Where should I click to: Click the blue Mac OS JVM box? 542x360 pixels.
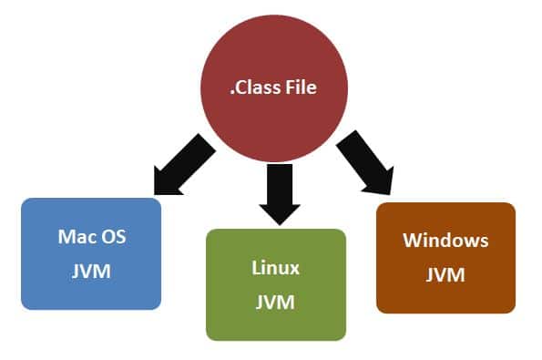pos(91,254)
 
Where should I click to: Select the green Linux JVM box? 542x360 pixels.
pos(276,284)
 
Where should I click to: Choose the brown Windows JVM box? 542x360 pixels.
pos(445,257)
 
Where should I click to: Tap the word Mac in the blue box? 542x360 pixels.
pos(75,237)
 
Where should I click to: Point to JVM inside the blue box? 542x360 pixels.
pos(91,272)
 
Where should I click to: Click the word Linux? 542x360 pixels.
pos(276,268)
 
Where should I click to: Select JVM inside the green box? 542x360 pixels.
pos(276,303)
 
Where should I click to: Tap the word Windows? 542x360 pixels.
pos(445,241)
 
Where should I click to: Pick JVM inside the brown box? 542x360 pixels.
pos(445,274)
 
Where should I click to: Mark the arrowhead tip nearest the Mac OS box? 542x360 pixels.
pos(156,194)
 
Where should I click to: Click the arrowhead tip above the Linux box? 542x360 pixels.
pos(276,224)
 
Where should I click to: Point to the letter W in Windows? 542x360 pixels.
pos(412,241)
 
